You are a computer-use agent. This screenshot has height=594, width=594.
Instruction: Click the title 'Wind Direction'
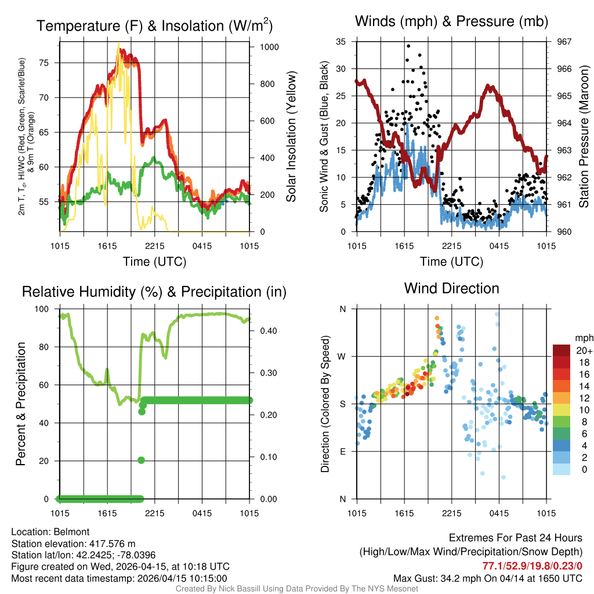(451, 288)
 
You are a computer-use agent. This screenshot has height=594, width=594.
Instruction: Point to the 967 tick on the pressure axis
(564, 42)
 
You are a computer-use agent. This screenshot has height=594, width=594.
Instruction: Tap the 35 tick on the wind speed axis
(341, 42)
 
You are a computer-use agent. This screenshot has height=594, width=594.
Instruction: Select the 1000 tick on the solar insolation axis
(269, 47)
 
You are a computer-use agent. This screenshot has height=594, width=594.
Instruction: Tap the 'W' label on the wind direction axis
(343, 356)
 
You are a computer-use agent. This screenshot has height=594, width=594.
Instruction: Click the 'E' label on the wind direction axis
(343, 451)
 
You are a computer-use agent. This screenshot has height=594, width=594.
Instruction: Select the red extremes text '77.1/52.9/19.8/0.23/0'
(532, 566)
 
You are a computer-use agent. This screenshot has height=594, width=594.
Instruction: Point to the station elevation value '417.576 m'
(112, 544)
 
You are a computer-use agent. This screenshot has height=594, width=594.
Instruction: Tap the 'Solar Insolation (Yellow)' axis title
(291, 136)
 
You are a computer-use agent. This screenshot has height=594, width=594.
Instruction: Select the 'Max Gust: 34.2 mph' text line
(487, 578)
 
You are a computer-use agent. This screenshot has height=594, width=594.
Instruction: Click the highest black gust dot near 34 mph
(408, 46)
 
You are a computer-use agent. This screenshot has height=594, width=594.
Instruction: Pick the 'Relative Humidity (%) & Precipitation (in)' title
(154, 292)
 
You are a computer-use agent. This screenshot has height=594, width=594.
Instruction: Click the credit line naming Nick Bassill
(296, 589)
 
